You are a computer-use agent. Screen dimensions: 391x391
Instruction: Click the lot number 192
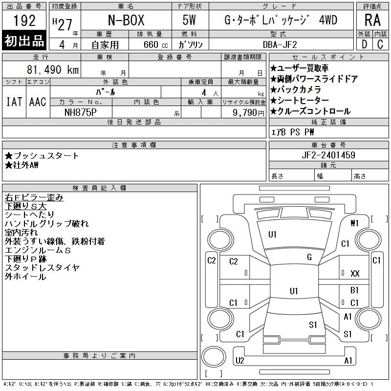[x=24, y=21]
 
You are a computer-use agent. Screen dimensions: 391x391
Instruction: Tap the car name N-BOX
[x=126, y=20]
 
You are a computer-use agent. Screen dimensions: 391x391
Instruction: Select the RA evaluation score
[x=372, y=20]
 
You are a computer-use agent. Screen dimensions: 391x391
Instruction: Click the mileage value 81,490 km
[x=53, y=69]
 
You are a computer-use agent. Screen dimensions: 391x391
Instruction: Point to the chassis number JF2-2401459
[x=328, y=155]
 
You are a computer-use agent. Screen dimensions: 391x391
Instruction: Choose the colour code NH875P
[x=81, y=112]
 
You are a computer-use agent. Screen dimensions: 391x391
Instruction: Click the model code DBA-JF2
[x=280, y=44]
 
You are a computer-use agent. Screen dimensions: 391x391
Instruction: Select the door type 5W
[x=189, y=20]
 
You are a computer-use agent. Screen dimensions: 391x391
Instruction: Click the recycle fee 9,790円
[x=248, y=113]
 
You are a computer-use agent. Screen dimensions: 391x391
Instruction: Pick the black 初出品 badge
[x=24, y=41]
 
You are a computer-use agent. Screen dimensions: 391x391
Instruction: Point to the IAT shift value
[x=14, y=102]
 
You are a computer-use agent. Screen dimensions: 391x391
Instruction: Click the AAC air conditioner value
[x=38, y=102]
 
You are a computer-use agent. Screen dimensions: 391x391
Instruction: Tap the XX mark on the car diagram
[x=355, y=274]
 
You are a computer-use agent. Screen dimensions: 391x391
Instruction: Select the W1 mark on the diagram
[x=354, y=223]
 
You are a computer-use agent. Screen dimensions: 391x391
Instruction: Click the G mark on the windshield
[x=309, y=257]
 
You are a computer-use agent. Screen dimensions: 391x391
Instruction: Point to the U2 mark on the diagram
[x=239, y=361]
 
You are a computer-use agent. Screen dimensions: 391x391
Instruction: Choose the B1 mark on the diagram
[x=354, y=290]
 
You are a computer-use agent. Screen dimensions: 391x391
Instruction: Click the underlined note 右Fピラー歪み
[x=34, y=197]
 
